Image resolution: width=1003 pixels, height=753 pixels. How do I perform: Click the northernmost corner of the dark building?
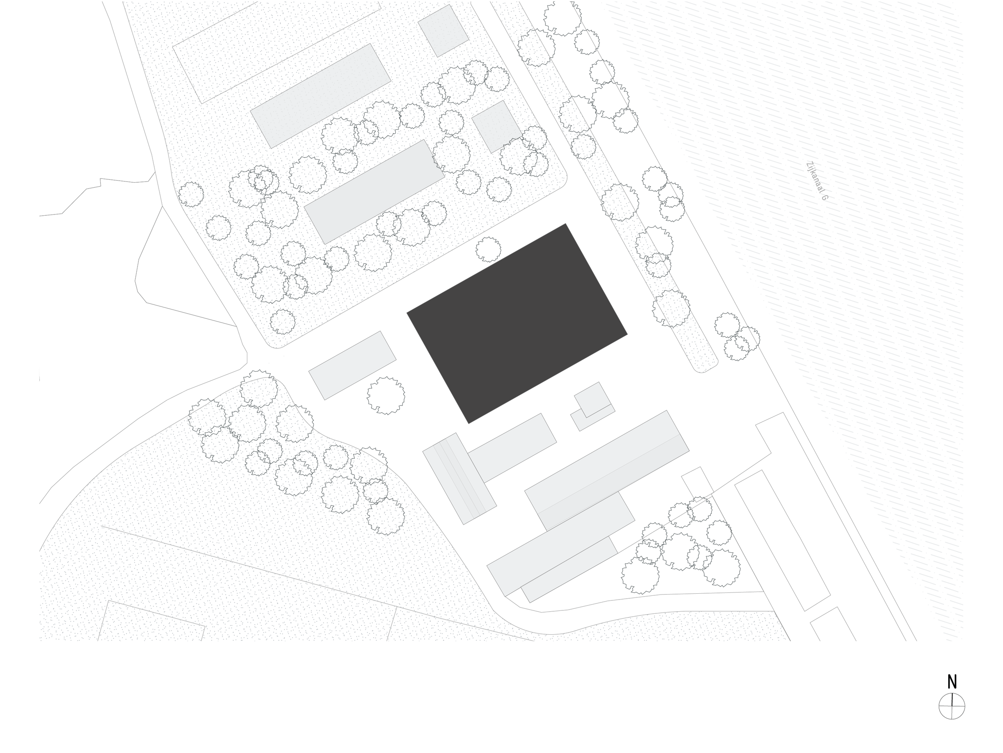click(565, 224)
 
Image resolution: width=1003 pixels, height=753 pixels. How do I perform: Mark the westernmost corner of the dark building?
click(407, 313)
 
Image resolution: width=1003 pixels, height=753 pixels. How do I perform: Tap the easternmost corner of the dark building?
click(627, 335)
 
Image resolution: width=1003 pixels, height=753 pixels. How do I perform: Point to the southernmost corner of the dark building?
click(468, 424)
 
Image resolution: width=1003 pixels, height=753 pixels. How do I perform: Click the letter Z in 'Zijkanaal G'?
click(809, 165)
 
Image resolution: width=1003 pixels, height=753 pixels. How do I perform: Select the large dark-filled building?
click(517, 324)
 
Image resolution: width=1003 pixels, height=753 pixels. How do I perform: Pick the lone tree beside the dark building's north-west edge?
click(489, 250)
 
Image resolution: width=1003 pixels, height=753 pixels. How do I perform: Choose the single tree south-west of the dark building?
click(386, 396)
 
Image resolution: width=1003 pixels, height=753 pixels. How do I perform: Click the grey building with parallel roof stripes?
click(459, 479)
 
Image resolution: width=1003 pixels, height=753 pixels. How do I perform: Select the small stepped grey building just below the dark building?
click(593, 406)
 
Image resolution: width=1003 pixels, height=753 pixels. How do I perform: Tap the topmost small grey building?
click(443, 31)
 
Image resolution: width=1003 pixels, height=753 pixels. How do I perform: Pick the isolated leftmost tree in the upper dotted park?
click(191, 194)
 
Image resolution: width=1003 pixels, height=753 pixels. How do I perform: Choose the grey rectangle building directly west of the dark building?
click(352, 365)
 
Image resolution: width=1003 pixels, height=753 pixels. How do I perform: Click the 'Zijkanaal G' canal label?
click(817, 181)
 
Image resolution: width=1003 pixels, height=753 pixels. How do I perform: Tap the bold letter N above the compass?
click(952, 682)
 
